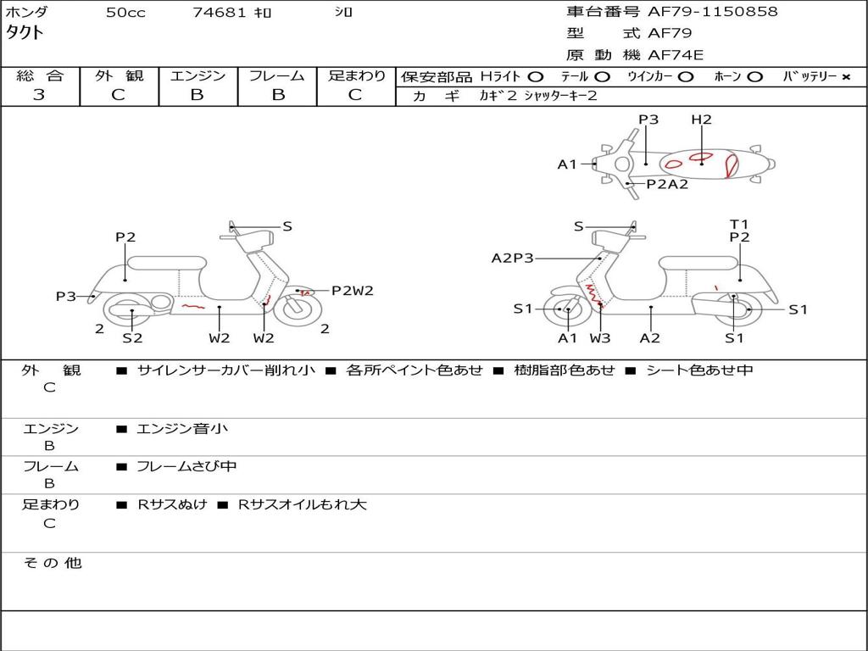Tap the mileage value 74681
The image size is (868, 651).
[220, 13]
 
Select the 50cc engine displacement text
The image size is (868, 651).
[125, 13]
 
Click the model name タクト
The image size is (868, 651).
[25, 33]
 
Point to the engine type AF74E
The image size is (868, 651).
[676, 55]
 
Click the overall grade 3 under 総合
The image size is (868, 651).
[39, 95]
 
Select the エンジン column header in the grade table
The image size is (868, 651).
[198, 75]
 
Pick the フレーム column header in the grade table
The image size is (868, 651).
[277, 75]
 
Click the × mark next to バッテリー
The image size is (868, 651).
[845, 76]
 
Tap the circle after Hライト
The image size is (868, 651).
[535, 76]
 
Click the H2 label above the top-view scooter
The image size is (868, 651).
[701, 120]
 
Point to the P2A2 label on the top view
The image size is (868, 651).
[667, 184]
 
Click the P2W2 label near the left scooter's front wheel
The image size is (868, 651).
[352, 291]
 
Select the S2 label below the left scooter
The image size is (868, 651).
[132, 338]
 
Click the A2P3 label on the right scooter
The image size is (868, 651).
[512, 258]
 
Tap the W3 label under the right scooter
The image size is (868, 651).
[600, 338]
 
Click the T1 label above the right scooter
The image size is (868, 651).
[739, 225]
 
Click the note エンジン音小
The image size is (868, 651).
[181, 429]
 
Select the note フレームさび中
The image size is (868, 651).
[186, 466]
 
